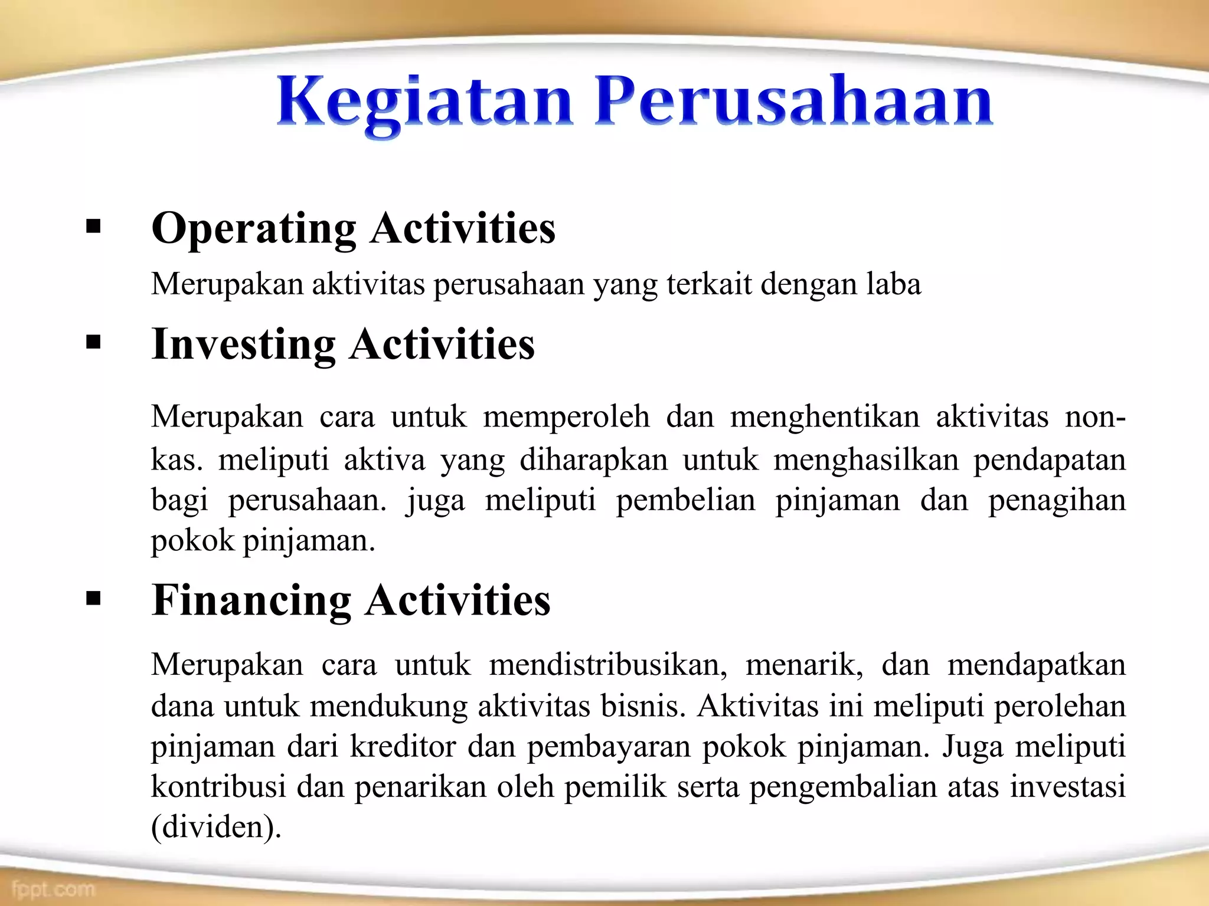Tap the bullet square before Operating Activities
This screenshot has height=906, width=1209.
93,226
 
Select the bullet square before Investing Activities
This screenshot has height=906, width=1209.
93,342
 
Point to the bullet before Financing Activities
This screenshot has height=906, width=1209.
93,599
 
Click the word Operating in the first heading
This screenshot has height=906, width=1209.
254,229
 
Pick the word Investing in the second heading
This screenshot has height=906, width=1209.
243,344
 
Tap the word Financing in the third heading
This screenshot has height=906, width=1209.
251,600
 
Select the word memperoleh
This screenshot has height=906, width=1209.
566,416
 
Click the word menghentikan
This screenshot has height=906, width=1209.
825,416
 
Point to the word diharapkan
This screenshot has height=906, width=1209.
593,459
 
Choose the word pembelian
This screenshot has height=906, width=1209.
685,500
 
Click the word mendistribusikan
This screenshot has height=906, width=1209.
607,665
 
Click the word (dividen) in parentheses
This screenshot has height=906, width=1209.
216,827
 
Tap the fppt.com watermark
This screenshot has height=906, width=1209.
53,888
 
